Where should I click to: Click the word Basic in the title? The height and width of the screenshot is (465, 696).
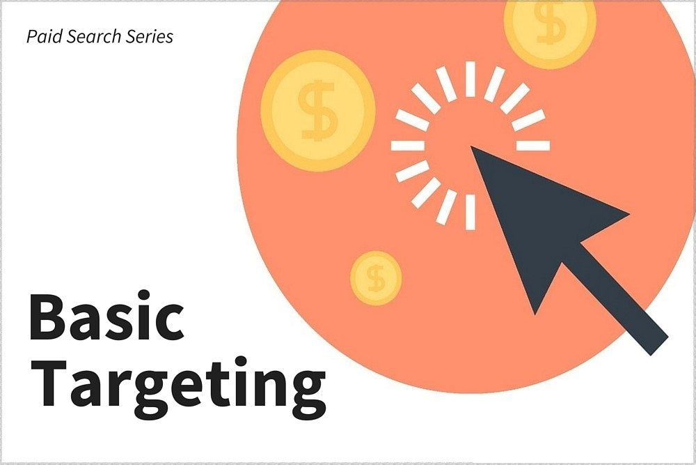point(106,316)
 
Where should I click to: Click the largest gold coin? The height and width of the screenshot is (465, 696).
point(318,111)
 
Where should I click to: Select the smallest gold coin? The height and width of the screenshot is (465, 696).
point(376,278)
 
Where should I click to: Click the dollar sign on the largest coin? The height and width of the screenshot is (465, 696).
point(318,111)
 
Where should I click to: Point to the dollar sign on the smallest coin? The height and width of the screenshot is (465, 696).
point(377,278)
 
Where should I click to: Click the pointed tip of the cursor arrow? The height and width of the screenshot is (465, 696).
point(471,146)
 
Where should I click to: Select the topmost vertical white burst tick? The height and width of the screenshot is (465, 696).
point(470,79)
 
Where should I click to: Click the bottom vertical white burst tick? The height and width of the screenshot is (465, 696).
point(470,212)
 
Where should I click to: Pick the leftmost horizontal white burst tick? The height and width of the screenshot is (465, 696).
point(407,146)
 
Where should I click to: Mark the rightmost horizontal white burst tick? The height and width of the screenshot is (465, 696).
point(533,146)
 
